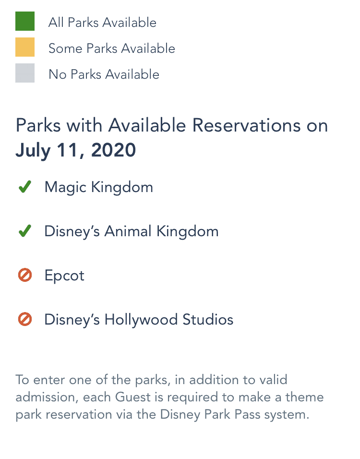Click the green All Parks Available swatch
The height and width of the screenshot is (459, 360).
[25, 21]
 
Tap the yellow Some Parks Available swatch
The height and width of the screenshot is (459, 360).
[25, 47]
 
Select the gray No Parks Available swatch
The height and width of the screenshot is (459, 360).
[25, 73]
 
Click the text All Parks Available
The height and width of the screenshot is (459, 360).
[102, 23]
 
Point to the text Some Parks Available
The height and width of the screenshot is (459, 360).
[112, 48]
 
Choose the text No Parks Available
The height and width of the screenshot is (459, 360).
[104, 74]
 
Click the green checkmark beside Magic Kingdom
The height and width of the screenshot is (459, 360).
[25, 187]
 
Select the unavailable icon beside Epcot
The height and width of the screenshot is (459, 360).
[25, 275]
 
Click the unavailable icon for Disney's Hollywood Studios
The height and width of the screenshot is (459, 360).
[25, 319]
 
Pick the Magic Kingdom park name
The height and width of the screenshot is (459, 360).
[98, 187]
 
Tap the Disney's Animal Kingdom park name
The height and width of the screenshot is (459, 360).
[132, 231]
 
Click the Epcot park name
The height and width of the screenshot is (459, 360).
[64, 276]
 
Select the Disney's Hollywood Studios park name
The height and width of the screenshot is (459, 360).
[139, 320]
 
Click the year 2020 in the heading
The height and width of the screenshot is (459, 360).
[113, 150]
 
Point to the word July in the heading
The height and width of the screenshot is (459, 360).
[33, 151]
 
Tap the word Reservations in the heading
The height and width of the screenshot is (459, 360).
[246, 125]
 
